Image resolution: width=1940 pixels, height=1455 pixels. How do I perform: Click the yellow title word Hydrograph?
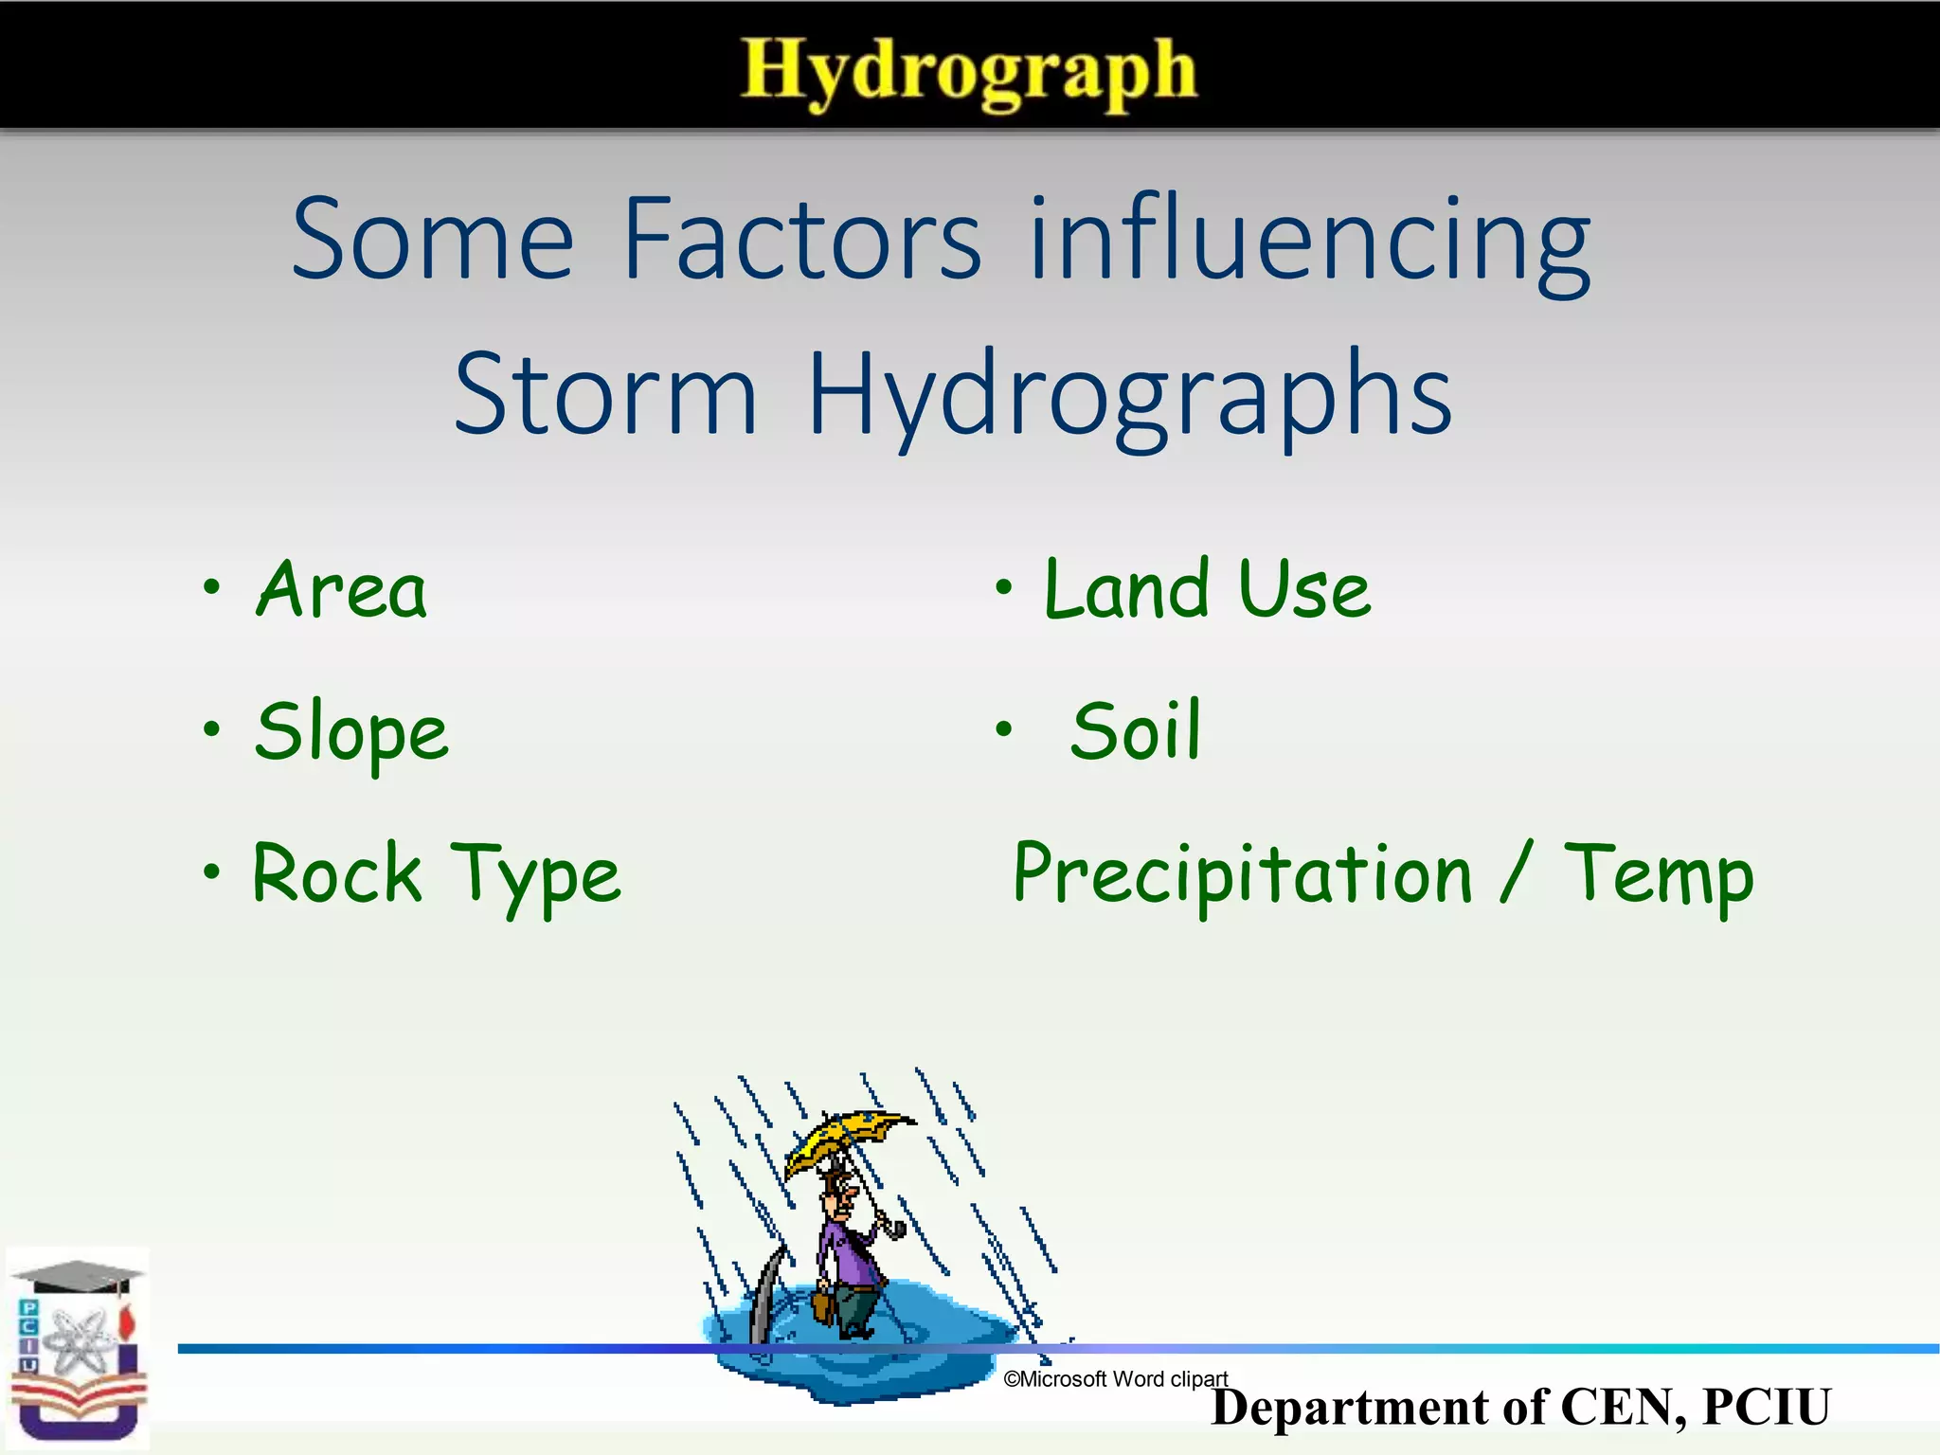pos(968,71)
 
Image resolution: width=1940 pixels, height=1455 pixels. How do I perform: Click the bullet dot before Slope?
pos(212,728)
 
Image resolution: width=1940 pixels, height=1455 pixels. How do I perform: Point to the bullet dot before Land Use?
pos(1004,586)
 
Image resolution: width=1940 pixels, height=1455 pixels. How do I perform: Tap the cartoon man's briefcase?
pos(822,1305)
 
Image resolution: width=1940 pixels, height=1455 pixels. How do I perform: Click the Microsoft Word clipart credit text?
pos(1115,1379)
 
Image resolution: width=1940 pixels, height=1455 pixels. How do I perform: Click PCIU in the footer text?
pos(1766,1408)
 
